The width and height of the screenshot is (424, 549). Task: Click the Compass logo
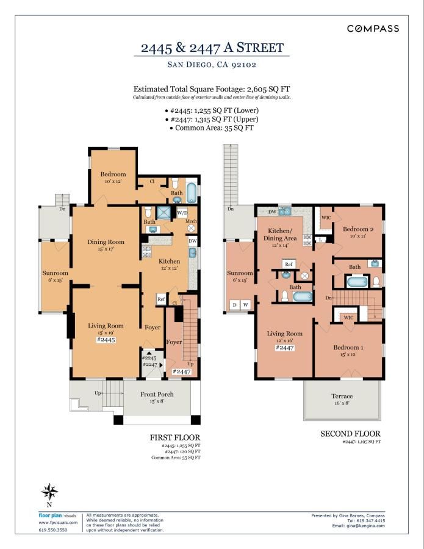(x=373, y=29)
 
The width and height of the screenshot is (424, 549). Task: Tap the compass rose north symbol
(x=49, y=492)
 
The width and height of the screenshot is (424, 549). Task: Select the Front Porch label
(x=157, y=394)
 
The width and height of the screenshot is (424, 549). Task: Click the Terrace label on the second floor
(x=342, y=396)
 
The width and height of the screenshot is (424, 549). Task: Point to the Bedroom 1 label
(x=348, y=347)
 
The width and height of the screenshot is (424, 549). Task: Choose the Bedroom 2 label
(x=358, y=229)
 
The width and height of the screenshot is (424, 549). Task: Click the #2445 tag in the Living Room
(x=106, y=340)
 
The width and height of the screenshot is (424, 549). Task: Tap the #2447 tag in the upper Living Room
(x=285, y=348)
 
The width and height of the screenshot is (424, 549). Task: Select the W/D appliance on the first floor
(x=182, y=212)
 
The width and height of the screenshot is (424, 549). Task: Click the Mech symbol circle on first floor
(x=191, y=228)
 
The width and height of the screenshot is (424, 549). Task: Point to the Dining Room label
(x=106, y=242)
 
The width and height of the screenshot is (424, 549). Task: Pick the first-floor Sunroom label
(x=56, y=273)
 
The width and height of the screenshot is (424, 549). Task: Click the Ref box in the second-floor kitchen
(x=289, y=264)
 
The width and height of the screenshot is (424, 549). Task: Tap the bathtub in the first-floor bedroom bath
(x=192, y=193)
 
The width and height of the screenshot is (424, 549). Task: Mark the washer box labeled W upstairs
(x=245, y=305)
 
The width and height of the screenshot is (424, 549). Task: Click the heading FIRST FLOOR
(x=175, y=437)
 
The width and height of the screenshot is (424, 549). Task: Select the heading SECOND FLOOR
(x=350, y=434)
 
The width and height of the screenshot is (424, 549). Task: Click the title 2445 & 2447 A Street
(x=212, y=48)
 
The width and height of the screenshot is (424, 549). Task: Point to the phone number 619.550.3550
(x=53, y=529)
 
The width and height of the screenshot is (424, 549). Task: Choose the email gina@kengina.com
(x=366, y=526)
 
